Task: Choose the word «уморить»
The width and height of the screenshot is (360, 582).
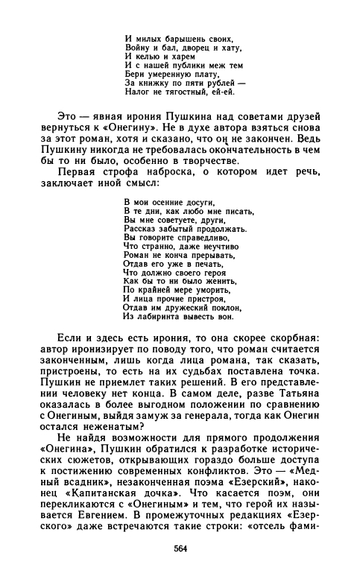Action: [213, 290]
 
